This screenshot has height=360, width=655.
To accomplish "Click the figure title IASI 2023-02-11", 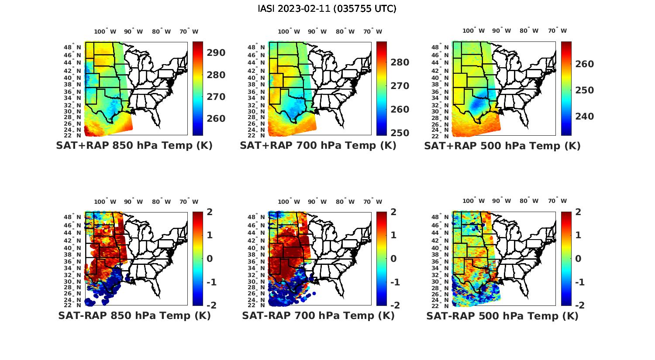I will [327, 9].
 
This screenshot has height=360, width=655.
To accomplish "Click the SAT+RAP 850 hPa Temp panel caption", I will [134, 146].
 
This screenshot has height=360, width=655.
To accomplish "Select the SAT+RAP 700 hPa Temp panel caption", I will [318, 146].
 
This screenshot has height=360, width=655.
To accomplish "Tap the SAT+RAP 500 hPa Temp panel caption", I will [502, 146].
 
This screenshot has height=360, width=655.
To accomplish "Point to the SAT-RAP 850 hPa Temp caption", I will [134, 315].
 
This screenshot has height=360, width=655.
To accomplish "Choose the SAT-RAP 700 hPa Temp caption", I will [318, 315].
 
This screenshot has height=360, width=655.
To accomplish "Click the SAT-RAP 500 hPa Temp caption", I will [502, 315].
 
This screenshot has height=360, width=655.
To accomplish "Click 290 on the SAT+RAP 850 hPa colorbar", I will [216, 53].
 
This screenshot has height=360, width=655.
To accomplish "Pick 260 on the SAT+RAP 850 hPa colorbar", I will [216, 119].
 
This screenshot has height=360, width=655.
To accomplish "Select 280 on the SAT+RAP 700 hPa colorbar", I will [400, 62].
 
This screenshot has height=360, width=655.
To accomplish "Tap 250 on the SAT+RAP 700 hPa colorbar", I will [400, 133].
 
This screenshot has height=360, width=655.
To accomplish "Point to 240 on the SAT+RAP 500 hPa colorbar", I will [584, 117].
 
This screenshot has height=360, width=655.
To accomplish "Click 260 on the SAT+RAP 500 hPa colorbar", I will [584, 64].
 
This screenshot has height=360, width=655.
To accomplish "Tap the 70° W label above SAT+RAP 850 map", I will [189, 31].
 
